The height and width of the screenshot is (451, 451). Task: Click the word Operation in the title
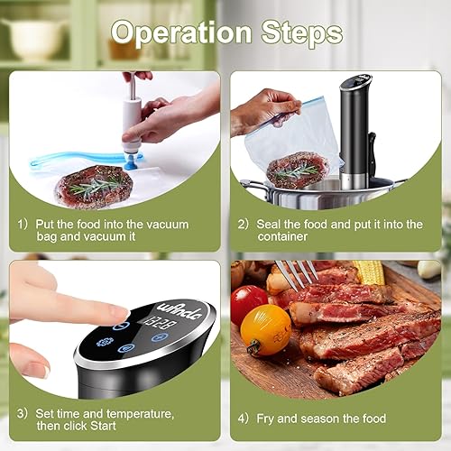pyautogui.click(x=181, y=33)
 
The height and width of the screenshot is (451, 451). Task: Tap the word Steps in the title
pyautogui.click(x=302, y=32)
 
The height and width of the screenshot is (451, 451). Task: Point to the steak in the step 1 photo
pyautogui.click(x=94, y=186)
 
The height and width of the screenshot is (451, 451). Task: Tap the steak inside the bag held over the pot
pyautogui.click(x=298, y=170)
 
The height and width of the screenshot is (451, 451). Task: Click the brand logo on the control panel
pyautogui.click(x=179, y=311)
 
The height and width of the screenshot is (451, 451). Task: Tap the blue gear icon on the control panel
pyautogui.click(x=105, y=342)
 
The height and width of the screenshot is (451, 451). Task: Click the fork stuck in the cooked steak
pyautogui.click(x=296, y=275)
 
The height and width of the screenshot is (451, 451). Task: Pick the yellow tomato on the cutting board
pyautogui.click(x=266, y=329)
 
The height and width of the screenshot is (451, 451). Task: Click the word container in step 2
pyautogui.click(x=282, y=236)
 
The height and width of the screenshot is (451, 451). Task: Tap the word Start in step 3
pyautogui.click(x=103, y=426)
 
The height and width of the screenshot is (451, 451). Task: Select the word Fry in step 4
pyautogui.click(x=265, y=419)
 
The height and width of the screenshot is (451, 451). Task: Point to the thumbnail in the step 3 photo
pyautogui.click(x=46, y=373)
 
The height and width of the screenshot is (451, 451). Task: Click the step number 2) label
pyautogui.click(x=243, y=225)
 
